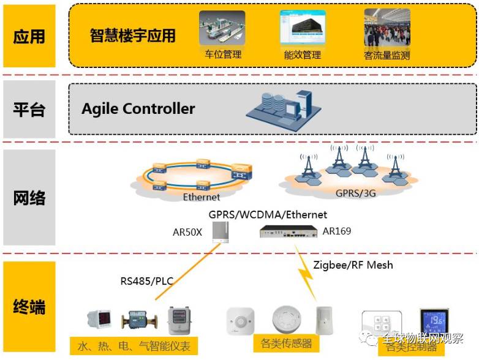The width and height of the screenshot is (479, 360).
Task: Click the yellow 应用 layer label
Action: click(29, 36)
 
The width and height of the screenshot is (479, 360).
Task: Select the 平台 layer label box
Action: click(29, 110)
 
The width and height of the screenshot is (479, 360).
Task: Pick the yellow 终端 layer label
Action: click(29, 306)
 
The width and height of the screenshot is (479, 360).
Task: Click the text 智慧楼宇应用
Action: click(132, 36)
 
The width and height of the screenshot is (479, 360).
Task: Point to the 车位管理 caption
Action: click(223, 54)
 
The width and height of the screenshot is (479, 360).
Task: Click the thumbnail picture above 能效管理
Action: click(303, 28)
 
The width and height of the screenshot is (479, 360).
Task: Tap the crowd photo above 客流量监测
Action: click(387, 28)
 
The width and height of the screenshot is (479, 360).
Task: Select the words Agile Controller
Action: click(138, 109)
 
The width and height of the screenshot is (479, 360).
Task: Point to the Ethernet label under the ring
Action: click(202, 197)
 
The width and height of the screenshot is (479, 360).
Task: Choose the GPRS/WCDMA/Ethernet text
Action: click(268, 215)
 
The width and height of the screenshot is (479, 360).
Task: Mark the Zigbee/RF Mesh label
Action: click(353, 265)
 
